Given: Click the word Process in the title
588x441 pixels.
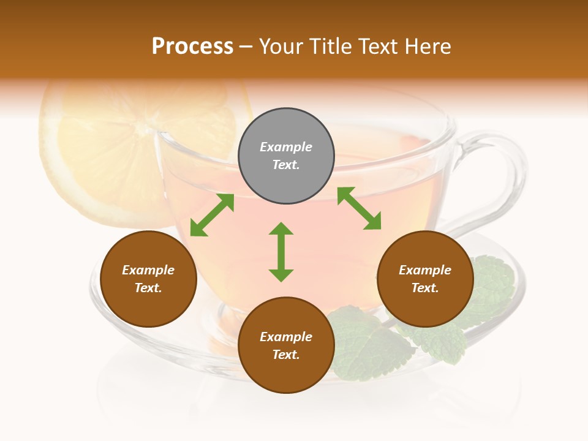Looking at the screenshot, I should tap(192, 47).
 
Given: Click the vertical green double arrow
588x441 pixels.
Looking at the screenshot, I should tap(281, 252).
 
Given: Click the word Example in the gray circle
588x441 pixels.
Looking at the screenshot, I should tap(286, 147).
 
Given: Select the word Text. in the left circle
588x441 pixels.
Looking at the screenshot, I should tap(148, 288).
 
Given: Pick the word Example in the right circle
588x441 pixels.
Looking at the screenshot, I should tap(425, 270).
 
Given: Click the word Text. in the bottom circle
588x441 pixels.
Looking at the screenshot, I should tap(286, 355).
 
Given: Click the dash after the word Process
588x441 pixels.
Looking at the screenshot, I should tap(246, 47).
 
